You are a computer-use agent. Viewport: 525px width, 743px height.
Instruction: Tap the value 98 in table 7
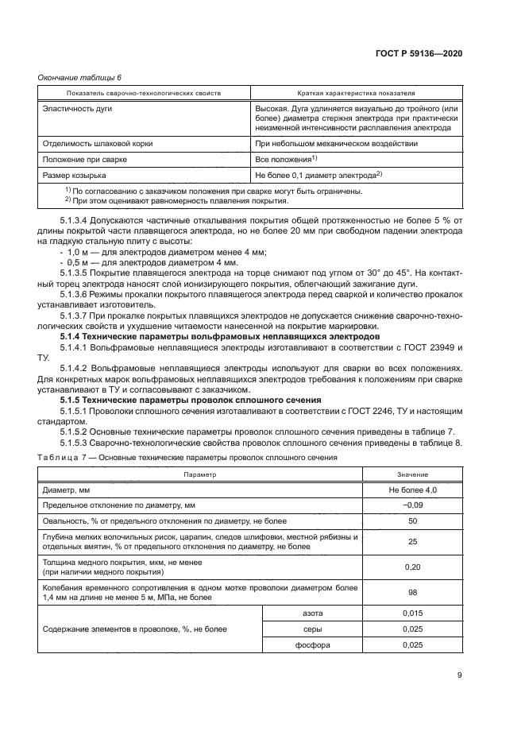click(412, 592)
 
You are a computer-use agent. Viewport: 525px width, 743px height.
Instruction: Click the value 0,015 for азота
click(412, 614)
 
